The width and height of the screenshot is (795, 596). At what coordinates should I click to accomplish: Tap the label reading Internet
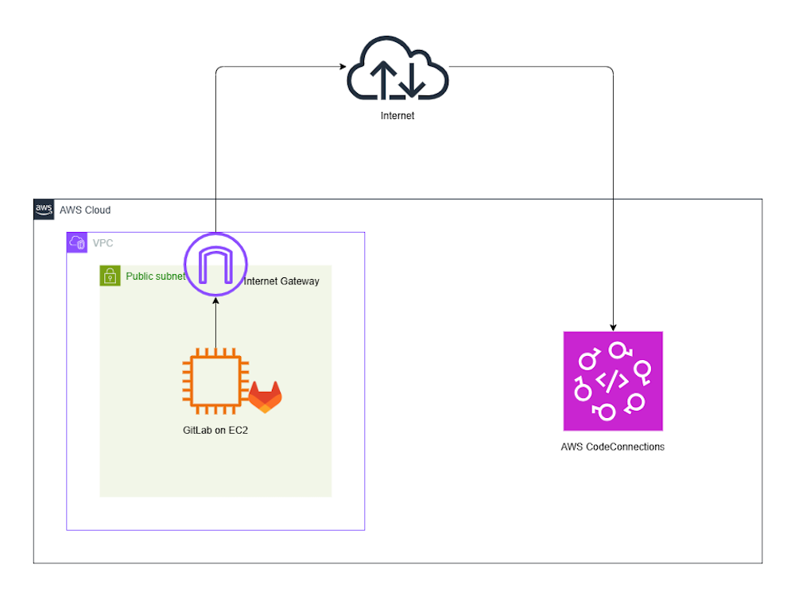tap(397, 116)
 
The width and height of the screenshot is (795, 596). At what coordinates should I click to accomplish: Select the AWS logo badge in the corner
tap(44, 210)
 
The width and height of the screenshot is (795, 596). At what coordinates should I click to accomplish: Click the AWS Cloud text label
tap(85, 211)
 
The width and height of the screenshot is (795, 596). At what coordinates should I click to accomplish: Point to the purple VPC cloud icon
tap(76, 242)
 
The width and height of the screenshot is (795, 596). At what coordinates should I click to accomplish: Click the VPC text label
tap(103, 243)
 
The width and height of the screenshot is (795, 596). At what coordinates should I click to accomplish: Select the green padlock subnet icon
tap(110, 276)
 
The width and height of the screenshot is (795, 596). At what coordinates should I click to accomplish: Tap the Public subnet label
tap(155, 277)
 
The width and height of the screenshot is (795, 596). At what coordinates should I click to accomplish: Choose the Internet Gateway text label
tap(281, 281)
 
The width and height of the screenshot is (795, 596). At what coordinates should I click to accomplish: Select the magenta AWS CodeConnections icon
tap(612, 381)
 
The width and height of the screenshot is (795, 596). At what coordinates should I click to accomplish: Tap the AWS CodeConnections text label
tap(612, 447)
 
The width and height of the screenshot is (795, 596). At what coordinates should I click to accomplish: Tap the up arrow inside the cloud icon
tap(382, 79)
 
